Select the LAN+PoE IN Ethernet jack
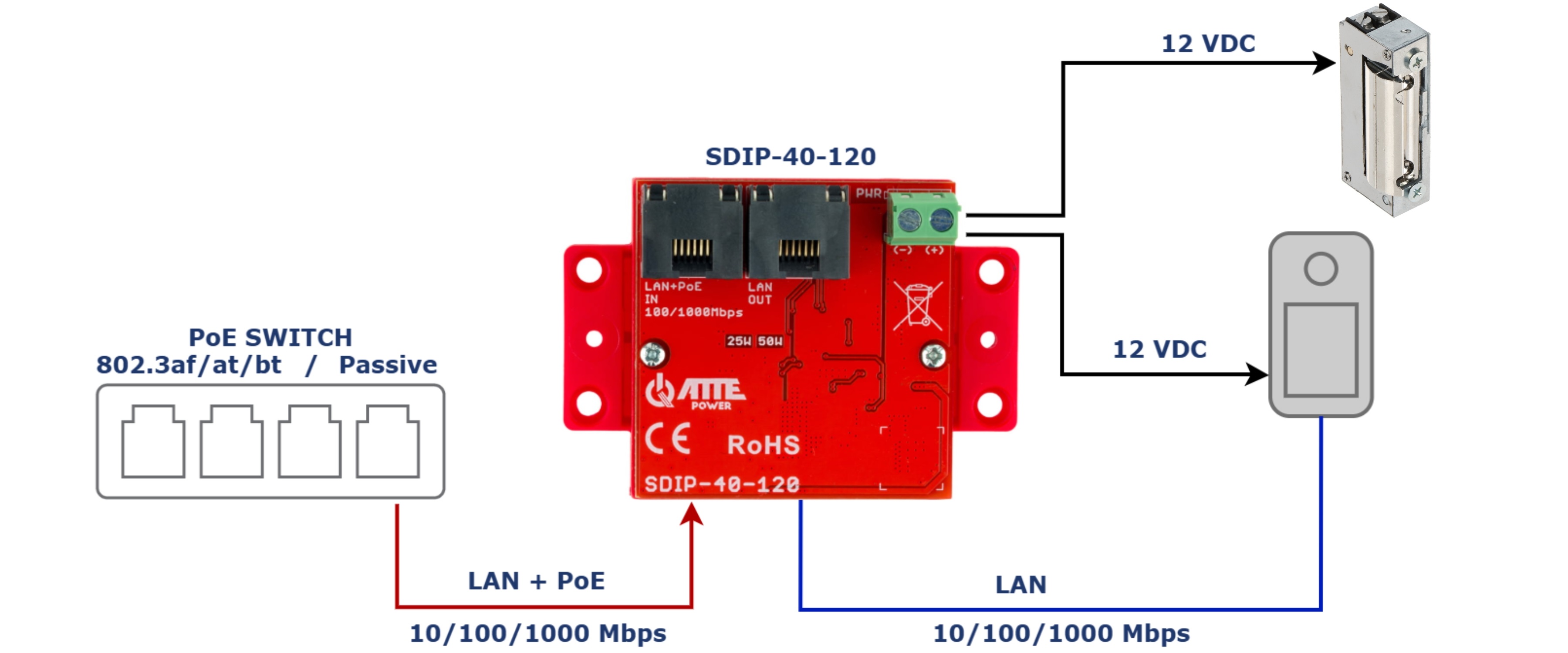coord(692,231)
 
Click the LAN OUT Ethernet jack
coord(799,231)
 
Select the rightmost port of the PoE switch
coord(388,441)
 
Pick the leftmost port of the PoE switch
coord(153,441)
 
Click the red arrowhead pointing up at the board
coord(692,514)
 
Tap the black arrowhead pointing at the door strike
coord(1322,63)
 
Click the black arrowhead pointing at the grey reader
coord(1255,374)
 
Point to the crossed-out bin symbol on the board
coord(918,306)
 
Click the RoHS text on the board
coord(763,445)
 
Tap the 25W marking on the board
coord(738,341)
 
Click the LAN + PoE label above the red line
coord(536,581)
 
